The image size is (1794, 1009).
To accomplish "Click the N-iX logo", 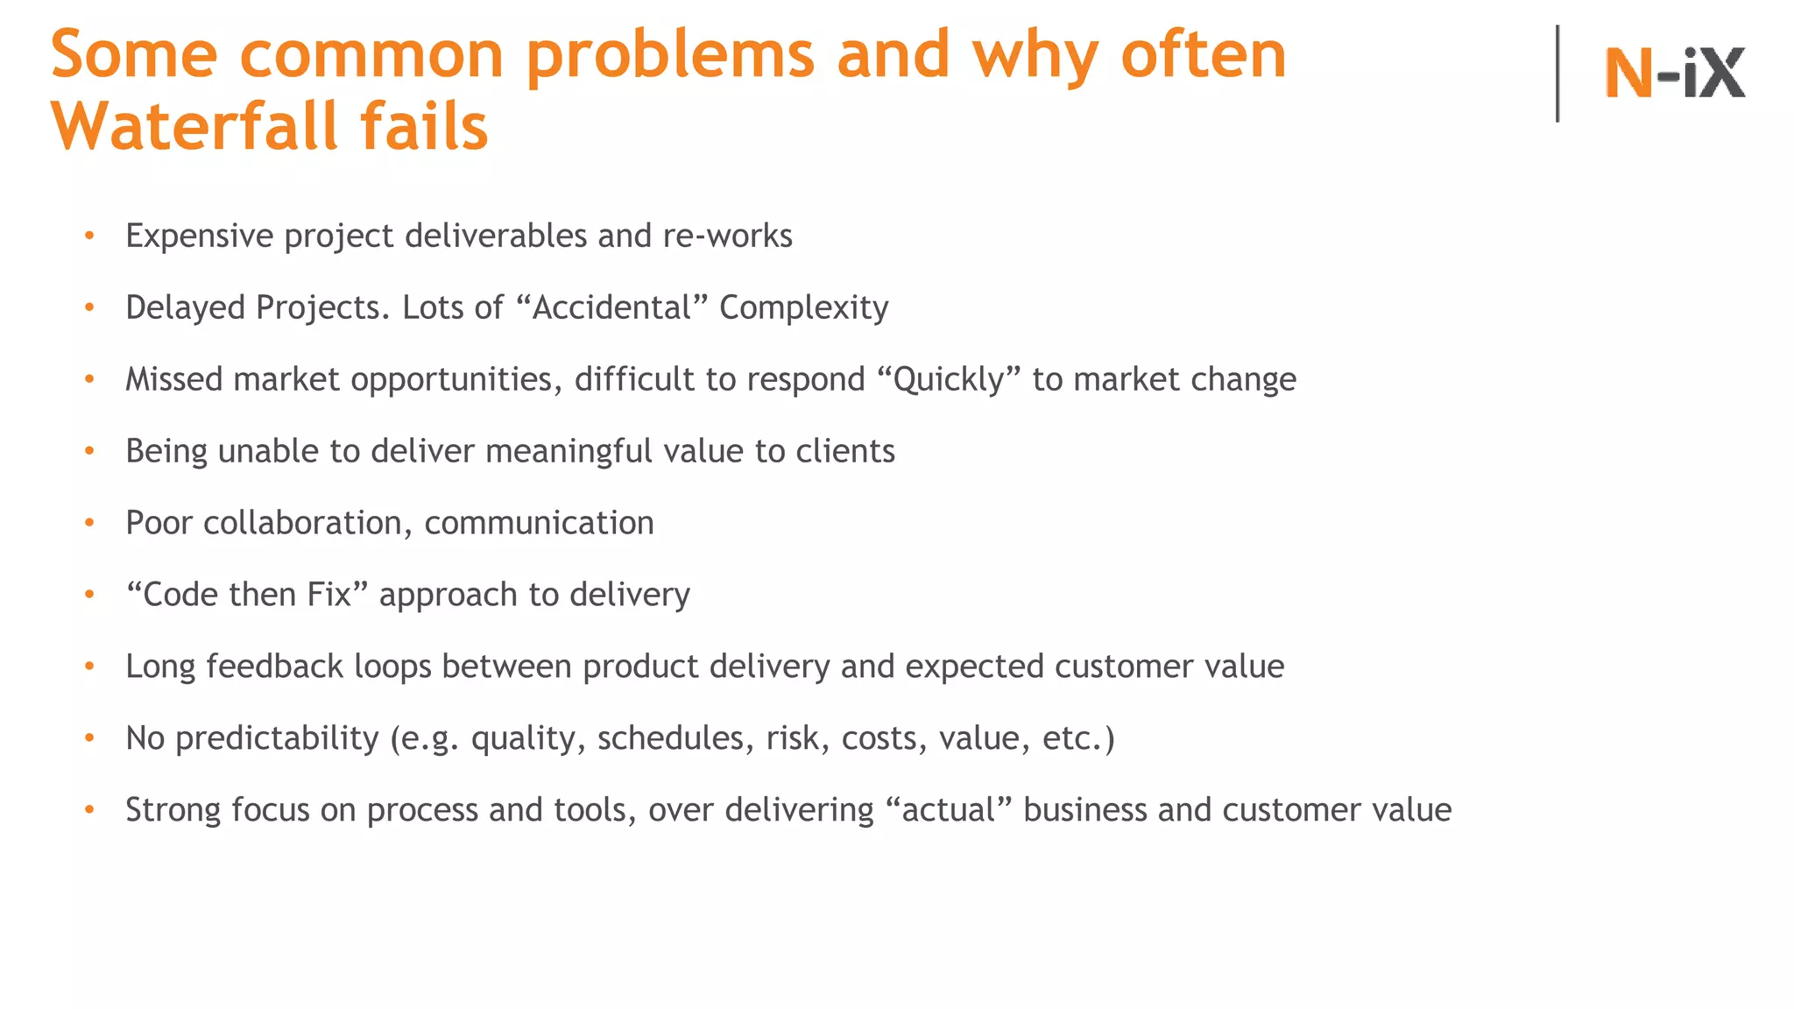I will [1674, 73].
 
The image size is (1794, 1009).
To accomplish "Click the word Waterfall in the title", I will [194, 127].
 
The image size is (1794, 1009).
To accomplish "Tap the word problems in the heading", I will [671, 55].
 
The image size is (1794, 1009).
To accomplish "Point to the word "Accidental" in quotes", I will [611, 307].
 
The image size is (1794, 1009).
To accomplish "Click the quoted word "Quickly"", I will [948, 379].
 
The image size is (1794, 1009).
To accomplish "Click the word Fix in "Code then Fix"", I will [329, 595].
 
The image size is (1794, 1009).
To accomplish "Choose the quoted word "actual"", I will [949, 810].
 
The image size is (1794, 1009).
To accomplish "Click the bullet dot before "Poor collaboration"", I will [89, 523].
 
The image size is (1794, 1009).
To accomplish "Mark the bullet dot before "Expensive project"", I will [89, 236].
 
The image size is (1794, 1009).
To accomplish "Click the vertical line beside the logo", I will [1557, 73].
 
